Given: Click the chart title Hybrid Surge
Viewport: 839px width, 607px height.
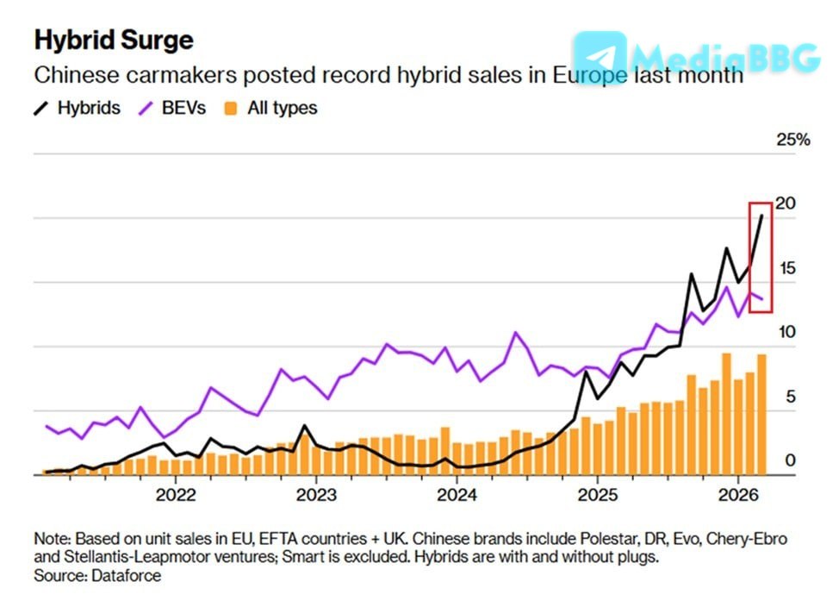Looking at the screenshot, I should [113, 41].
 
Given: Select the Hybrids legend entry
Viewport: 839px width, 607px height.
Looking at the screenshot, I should [78, 109].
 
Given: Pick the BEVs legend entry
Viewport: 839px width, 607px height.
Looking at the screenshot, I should [173, 109].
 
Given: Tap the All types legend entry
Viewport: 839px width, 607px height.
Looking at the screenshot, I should [270, 109].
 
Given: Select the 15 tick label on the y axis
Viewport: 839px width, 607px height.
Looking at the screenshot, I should [786, 268].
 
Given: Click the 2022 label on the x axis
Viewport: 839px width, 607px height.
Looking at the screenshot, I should [176, 497].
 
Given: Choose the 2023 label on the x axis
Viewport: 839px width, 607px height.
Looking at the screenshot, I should [316, 497].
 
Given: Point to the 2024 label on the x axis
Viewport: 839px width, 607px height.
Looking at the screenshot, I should [457, 497].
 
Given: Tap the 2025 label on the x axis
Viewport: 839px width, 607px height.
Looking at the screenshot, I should [598, 497].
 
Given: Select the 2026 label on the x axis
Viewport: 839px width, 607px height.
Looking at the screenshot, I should [738, 497].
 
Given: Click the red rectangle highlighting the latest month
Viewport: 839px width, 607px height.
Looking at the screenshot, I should [761, 257].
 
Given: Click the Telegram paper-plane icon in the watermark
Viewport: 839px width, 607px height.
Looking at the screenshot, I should [600, 56].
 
